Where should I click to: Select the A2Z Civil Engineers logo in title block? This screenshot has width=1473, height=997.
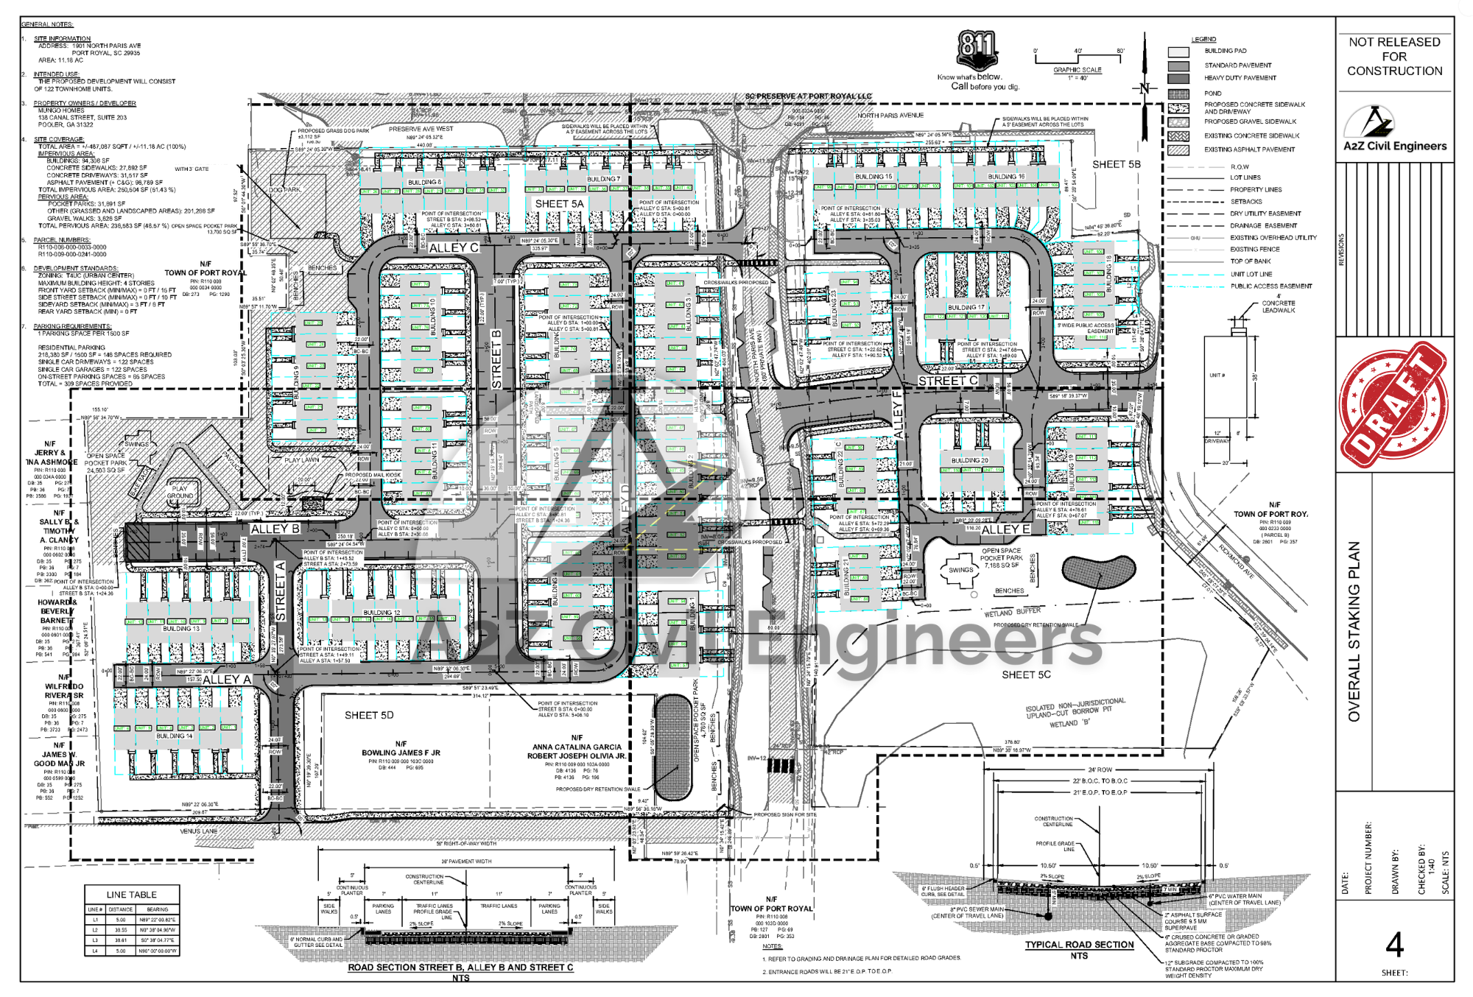[1394, 130]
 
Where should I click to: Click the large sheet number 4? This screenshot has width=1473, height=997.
[1394, 944]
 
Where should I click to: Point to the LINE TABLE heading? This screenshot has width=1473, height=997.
[131, 895]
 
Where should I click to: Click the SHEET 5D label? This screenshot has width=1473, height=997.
[369, 715]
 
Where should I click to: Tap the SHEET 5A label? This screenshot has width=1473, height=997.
[559, 204]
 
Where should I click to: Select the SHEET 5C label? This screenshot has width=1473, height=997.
[1026, 674]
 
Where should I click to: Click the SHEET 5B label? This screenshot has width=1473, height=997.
[1116, 164]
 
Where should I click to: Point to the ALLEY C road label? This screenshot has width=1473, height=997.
[454, 248]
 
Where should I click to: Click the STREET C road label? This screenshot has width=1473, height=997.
[947, 381]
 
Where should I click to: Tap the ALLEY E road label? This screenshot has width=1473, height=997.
[1005, 529]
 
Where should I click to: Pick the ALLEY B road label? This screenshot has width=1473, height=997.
[275, 529]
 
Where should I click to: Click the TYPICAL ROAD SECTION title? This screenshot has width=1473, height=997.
[1079, 945]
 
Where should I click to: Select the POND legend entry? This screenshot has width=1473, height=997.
[1212, 94]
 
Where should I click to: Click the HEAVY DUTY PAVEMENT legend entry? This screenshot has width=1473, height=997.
[1240, 78]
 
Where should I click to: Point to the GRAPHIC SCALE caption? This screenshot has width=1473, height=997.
[1077, 70]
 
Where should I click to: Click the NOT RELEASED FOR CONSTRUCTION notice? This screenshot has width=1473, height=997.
[1394, 57]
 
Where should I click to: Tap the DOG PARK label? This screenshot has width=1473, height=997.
[284, 190]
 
